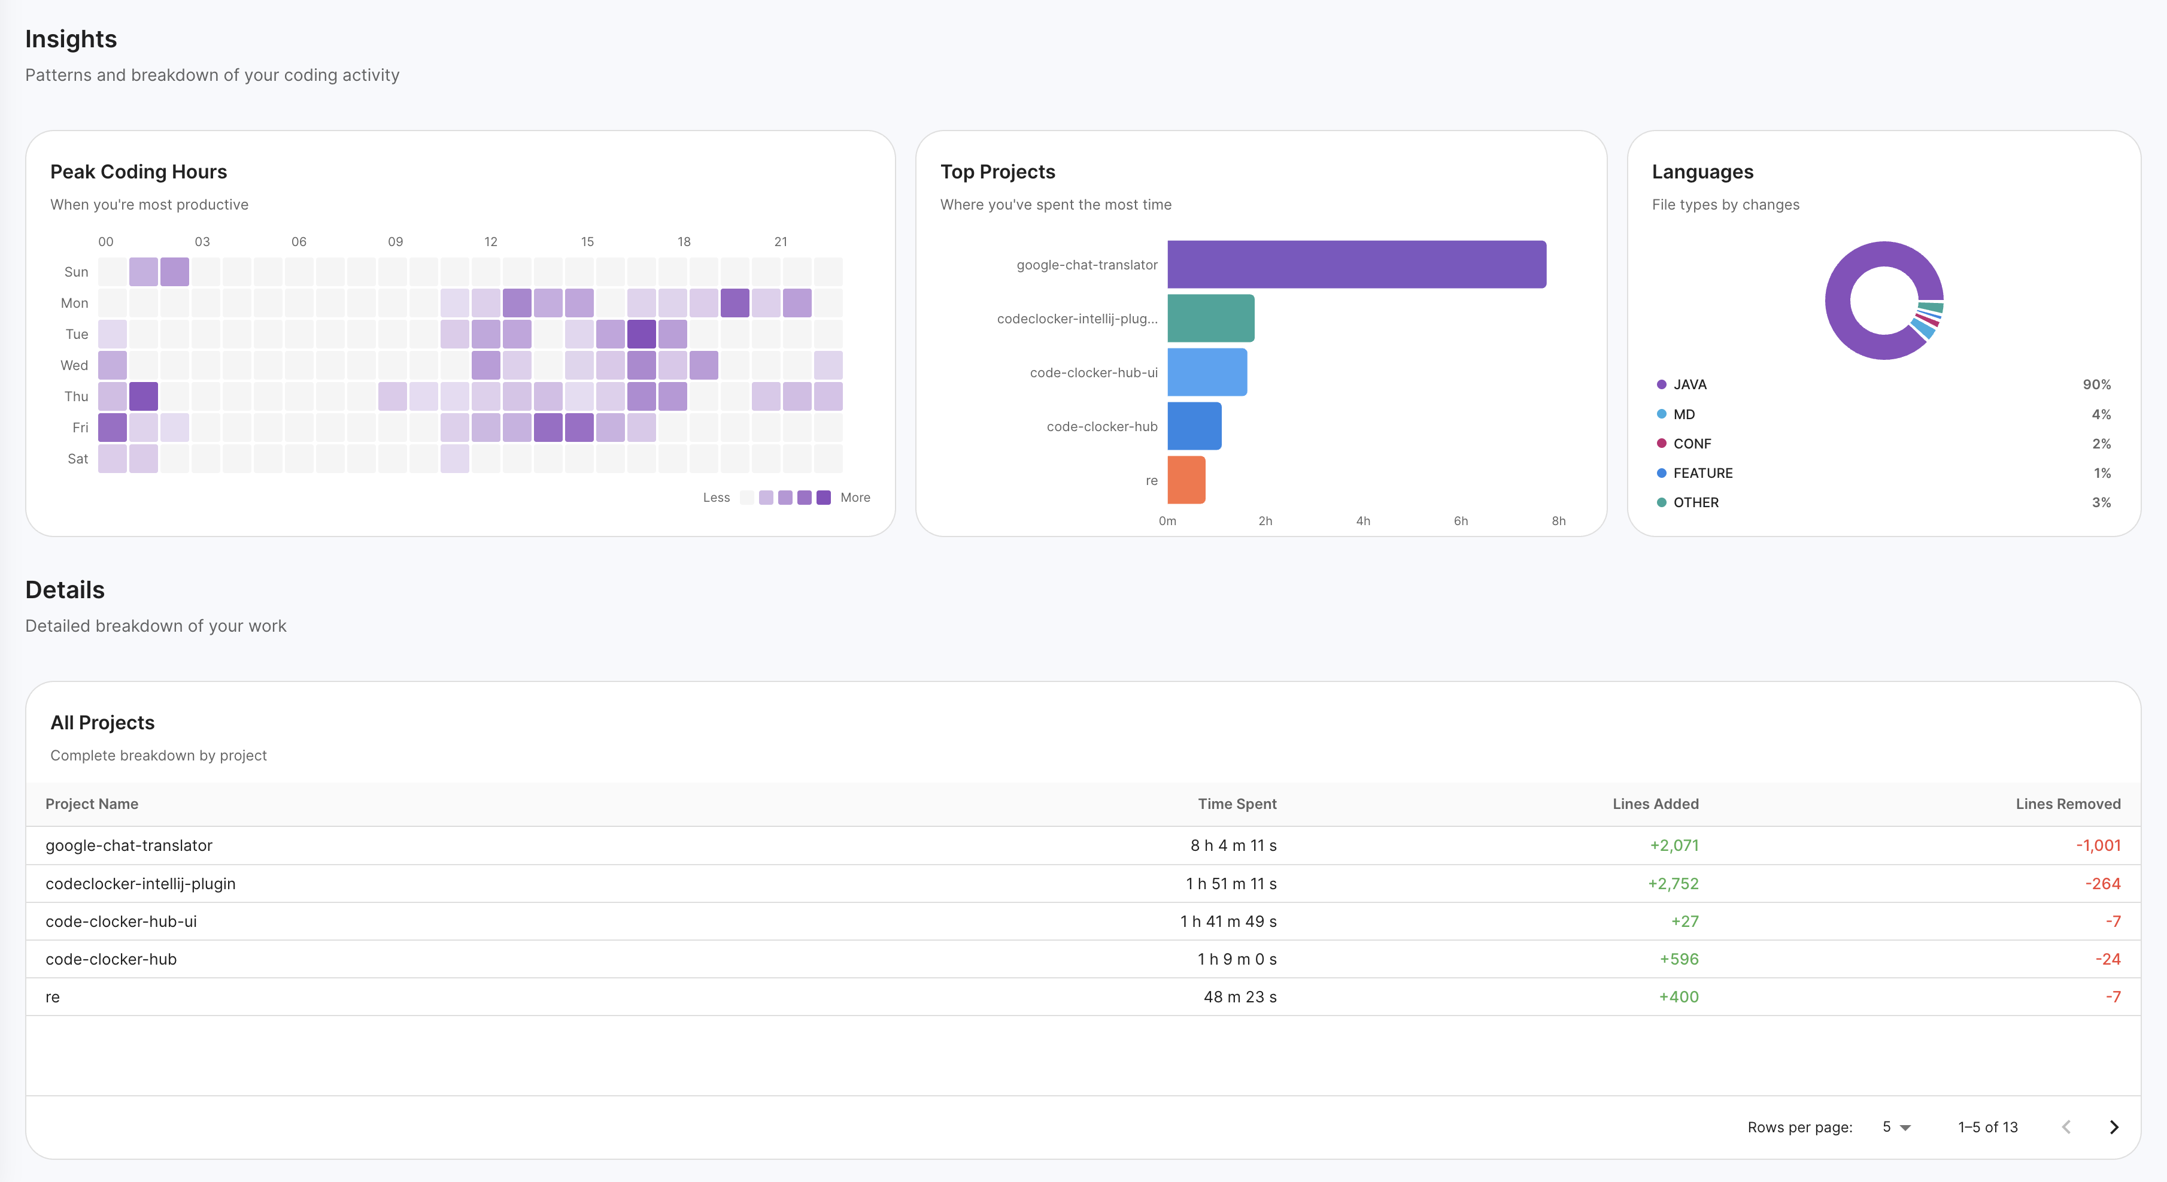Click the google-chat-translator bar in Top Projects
pos(1356,264)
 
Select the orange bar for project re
pos(1186,480)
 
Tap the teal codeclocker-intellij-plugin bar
pos(1210,318)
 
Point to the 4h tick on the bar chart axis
pos(1363,521)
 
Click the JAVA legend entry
pos(1689,384)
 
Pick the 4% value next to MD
pos(2101,414)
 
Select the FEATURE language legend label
pos(1702,473)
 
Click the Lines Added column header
pos(1655,804)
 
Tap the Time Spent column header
pos(1237,804)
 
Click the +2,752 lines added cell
pos(1673,883)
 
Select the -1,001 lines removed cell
pos(2098,845)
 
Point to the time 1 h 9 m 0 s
pos(1237,959)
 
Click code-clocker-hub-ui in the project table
pos(121,921)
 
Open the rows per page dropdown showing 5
pos(1896,1126)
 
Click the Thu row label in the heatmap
pos(75,396)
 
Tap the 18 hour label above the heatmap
pos(684,241)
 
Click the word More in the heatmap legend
pos(855,497)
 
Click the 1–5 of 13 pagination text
pos(1987,1126)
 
